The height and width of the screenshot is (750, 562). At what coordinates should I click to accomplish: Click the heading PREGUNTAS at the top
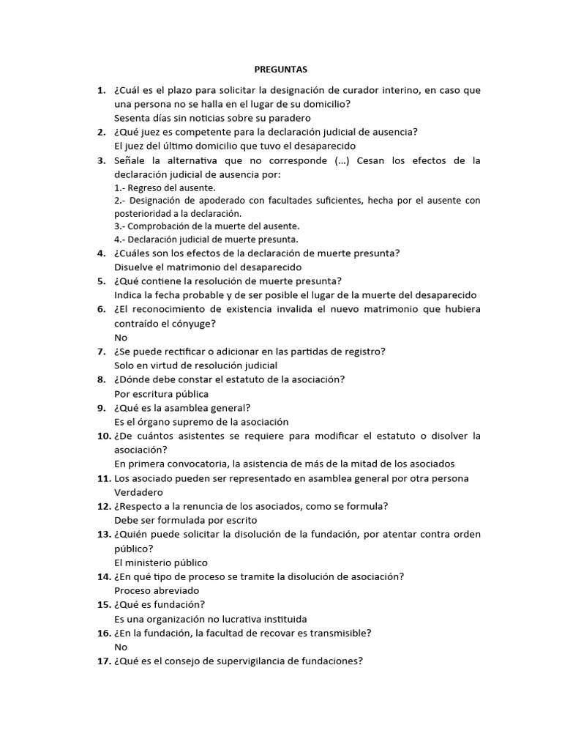click(281, 70)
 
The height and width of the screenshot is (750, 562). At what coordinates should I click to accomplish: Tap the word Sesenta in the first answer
click(132, 118)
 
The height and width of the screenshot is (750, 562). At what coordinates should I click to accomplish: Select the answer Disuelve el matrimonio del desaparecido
click(208, 267)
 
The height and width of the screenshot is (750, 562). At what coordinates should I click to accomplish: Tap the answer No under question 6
click(121, 338)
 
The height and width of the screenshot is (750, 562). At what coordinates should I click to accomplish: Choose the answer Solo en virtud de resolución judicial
click(195, 365)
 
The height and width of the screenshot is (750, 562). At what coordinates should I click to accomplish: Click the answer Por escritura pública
click(161, 394)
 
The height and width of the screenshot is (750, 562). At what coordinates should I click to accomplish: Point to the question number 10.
click(103, 436)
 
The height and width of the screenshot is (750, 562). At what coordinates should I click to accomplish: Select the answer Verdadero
click(138, 492)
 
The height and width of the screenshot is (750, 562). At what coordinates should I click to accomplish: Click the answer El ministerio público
click(161, 562)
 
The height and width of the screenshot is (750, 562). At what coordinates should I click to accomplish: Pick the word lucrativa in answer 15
click(233, 619)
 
